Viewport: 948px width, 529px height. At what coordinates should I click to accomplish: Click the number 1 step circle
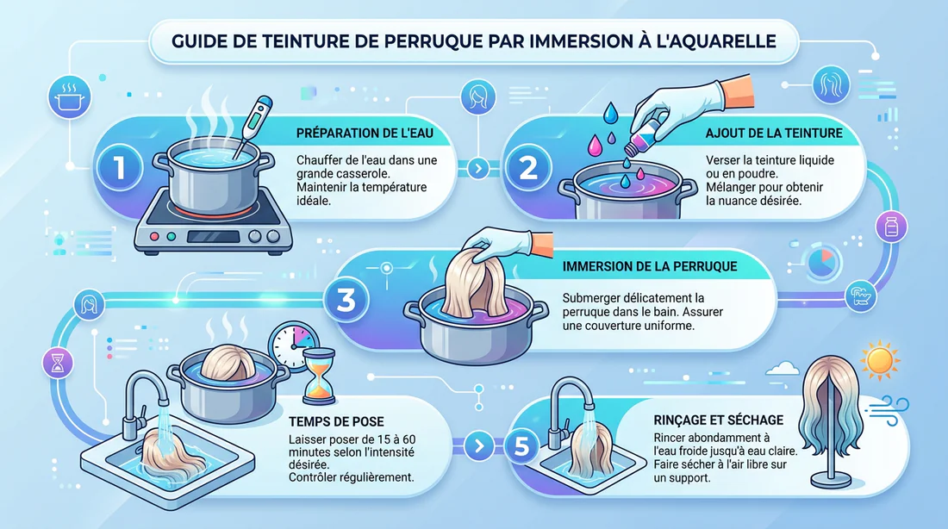[120, 167]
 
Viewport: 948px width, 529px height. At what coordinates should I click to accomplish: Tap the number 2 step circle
[528, 167]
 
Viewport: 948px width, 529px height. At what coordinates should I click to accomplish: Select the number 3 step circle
[346, 300]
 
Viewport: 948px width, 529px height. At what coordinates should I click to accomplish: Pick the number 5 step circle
[521, 447]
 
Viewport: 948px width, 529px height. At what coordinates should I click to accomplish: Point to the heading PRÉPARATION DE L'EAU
[365, 133]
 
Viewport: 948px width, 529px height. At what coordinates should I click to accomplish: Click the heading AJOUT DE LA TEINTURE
[774, 133]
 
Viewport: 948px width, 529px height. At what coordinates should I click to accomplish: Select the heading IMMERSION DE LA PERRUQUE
[649, 266]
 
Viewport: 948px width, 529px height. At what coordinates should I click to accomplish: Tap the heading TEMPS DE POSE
[336, 421]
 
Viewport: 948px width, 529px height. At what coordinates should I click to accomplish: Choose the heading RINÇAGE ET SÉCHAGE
[718, 420]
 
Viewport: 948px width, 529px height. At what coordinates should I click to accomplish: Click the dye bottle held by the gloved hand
[643, 134]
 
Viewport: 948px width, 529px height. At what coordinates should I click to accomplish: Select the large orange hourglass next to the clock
[318, 376]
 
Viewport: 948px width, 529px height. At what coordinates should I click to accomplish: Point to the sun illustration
[880, 361]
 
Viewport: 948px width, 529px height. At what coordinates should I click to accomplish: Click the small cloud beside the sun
[783, 368]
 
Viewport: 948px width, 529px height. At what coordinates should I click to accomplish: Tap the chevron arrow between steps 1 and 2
[478, 168]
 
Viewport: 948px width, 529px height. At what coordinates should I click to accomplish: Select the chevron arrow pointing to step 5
[479, 446]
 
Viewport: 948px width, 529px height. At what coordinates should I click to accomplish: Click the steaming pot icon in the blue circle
[70, 97]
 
